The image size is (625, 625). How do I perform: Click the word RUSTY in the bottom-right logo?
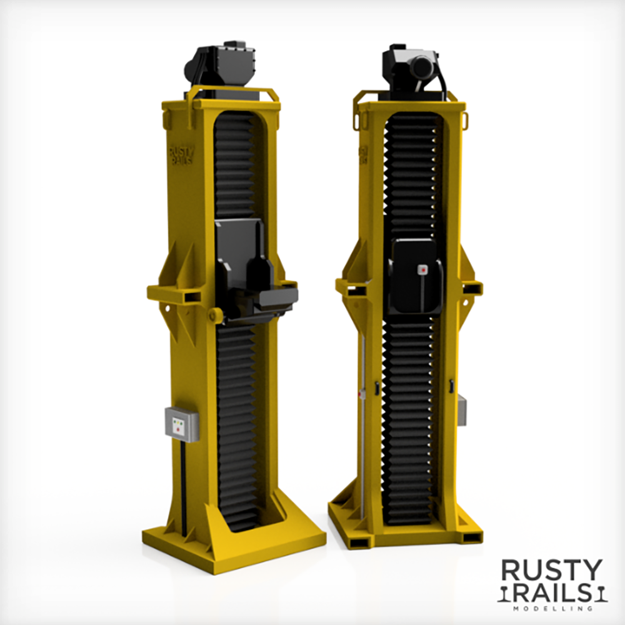tap(552, 570)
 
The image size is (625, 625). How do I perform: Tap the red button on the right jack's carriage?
tap(422, 269)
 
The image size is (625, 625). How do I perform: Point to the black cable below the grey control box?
tap(183, 487)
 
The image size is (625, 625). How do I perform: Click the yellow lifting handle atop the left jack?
tap(232, 92)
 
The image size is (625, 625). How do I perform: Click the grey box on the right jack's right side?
tap(462, 410)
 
